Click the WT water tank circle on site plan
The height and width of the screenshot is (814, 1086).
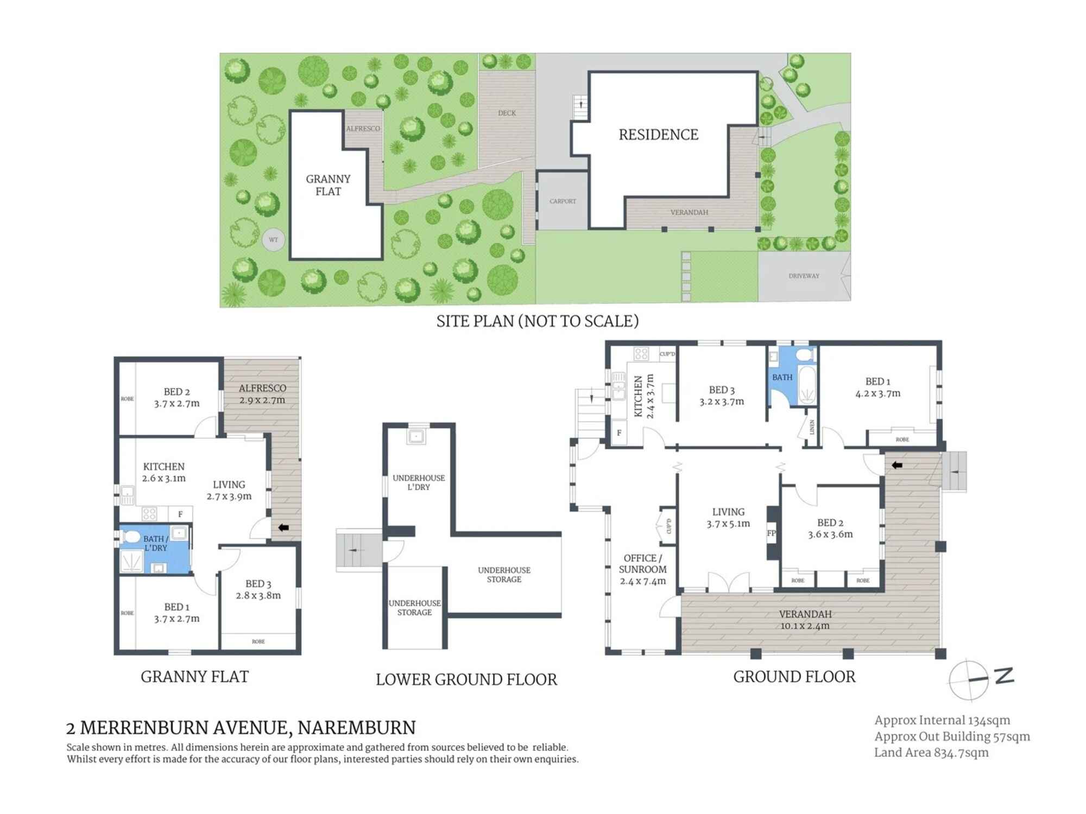(273, 240)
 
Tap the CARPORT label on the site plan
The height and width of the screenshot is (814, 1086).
(563, 201)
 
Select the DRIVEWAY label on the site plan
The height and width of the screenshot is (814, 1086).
(804, 276)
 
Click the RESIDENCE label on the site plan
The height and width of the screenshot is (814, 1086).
(658, 135)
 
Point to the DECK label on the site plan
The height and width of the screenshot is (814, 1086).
(507, 113)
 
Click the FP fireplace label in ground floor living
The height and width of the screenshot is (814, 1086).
(771, 533)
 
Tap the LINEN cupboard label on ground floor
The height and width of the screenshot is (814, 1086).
(812, 427)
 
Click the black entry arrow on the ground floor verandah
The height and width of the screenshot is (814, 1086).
(897, 465)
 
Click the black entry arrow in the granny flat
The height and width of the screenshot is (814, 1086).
(283, 527)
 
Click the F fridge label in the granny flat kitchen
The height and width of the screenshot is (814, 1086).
(180, 514)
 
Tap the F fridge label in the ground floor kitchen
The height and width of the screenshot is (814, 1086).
(618, 433)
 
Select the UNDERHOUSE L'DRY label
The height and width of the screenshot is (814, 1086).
(419, 482)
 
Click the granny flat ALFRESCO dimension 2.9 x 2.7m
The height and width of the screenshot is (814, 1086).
(262, 400)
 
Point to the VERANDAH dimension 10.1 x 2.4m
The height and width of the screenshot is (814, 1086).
(805, 626)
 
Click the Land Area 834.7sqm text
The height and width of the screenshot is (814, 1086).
(931, 753)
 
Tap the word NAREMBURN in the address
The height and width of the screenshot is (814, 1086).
(357, 727)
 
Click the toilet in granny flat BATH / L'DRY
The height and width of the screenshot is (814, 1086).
(131, 537)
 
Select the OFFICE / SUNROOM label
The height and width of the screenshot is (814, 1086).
(642, 563)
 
